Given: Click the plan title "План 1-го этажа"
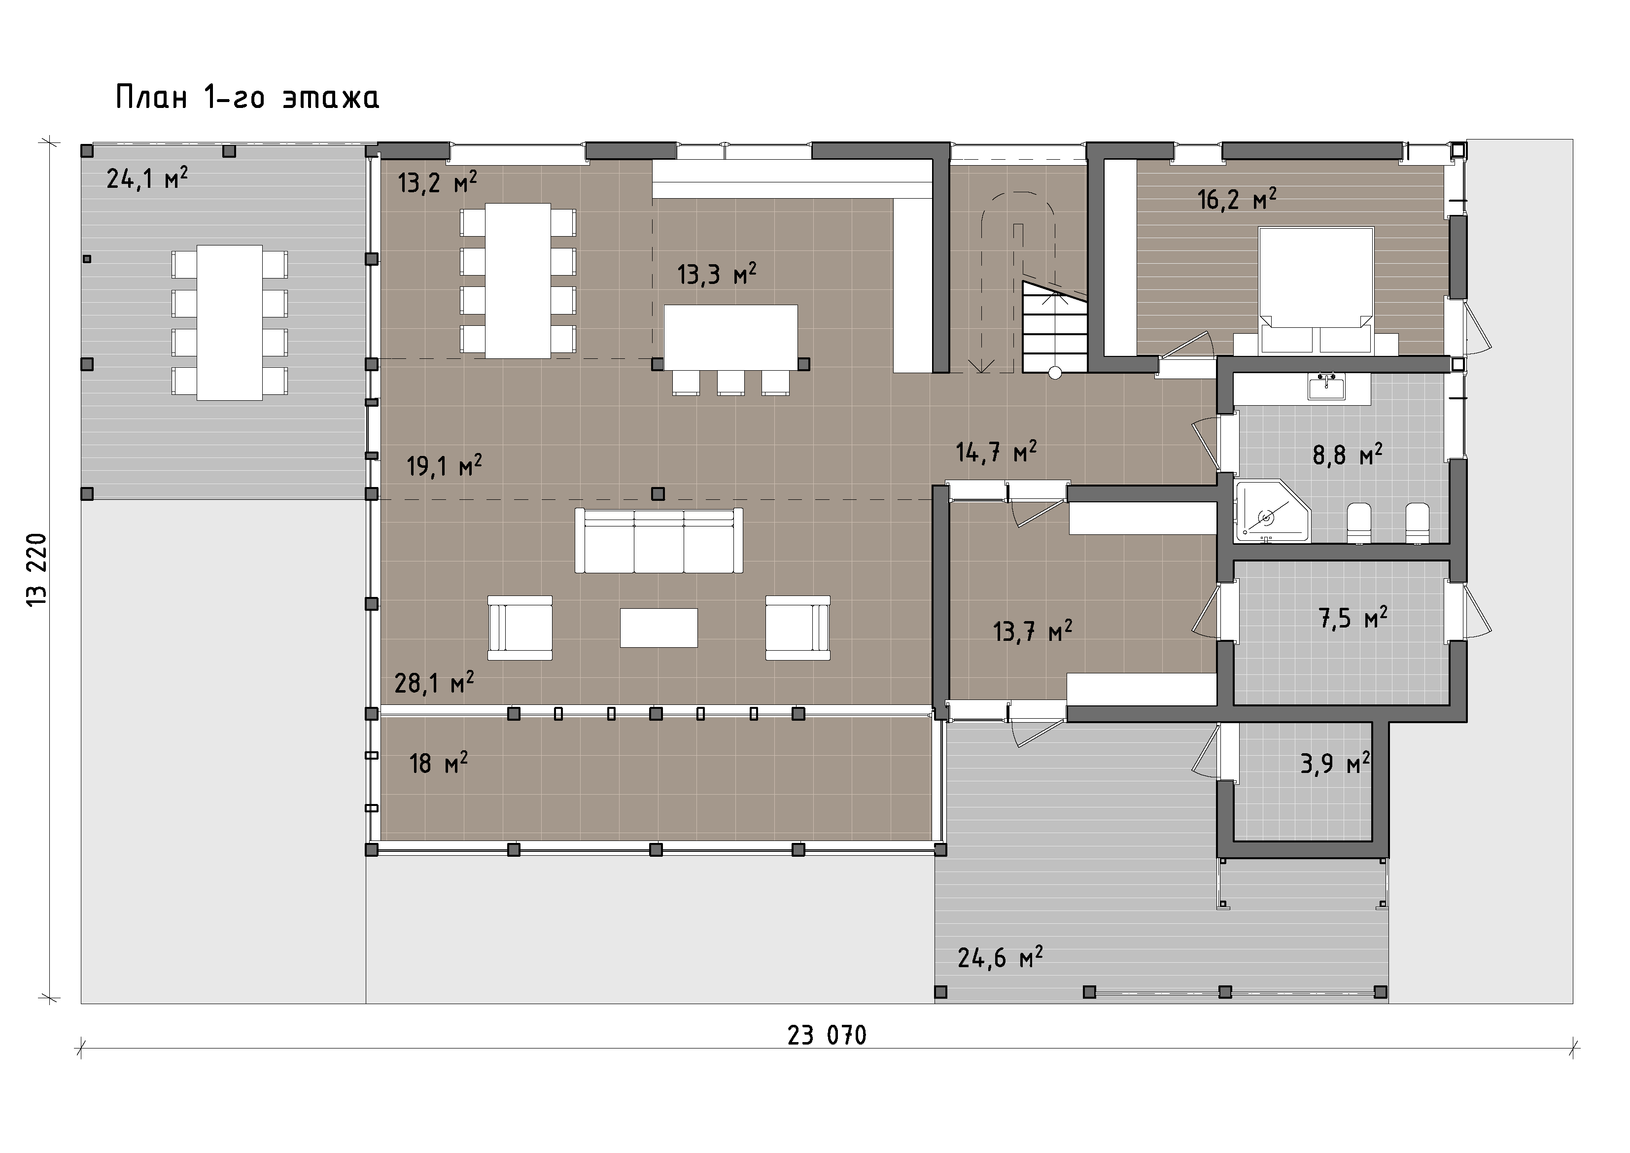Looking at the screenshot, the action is [247, 97].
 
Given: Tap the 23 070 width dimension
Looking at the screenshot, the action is [827, 1036].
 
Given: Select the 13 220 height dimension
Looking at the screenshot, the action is [37, 569].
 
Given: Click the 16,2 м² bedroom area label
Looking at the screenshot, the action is [1237, 200].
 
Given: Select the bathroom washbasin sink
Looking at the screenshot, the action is [1326, 387].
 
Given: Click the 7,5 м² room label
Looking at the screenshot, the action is [1353, 618].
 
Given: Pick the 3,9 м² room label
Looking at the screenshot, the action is [1335, 764].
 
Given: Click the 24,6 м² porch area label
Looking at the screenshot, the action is [1000, 958].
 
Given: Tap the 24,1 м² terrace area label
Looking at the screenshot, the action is [147, 179].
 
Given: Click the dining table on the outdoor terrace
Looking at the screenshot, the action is [229, 322].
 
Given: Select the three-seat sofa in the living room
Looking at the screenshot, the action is [659, 540].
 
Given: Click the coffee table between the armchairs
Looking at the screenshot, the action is [659, 628].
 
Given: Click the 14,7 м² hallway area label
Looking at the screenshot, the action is [996, 452].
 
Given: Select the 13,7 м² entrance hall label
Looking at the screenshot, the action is [1032, 630].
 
